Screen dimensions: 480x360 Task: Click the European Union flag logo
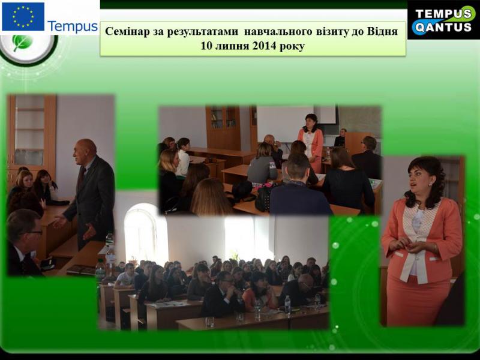click(x=23, y=17)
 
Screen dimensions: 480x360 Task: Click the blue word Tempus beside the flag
click(x=73, y=26)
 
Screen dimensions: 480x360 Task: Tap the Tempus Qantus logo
click(x=443, y=20)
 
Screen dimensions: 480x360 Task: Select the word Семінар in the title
click(x=127, y=31)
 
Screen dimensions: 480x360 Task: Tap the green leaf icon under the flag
click(x=22, y=43)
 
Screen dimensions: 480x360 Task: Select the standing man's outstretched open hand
click(x=60, y=221)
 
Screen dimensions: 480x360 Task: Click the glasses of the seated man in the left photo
click(x=34, y=233)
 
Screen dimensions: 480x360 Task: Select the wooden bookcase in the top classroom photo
click(x=223, y=128)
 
